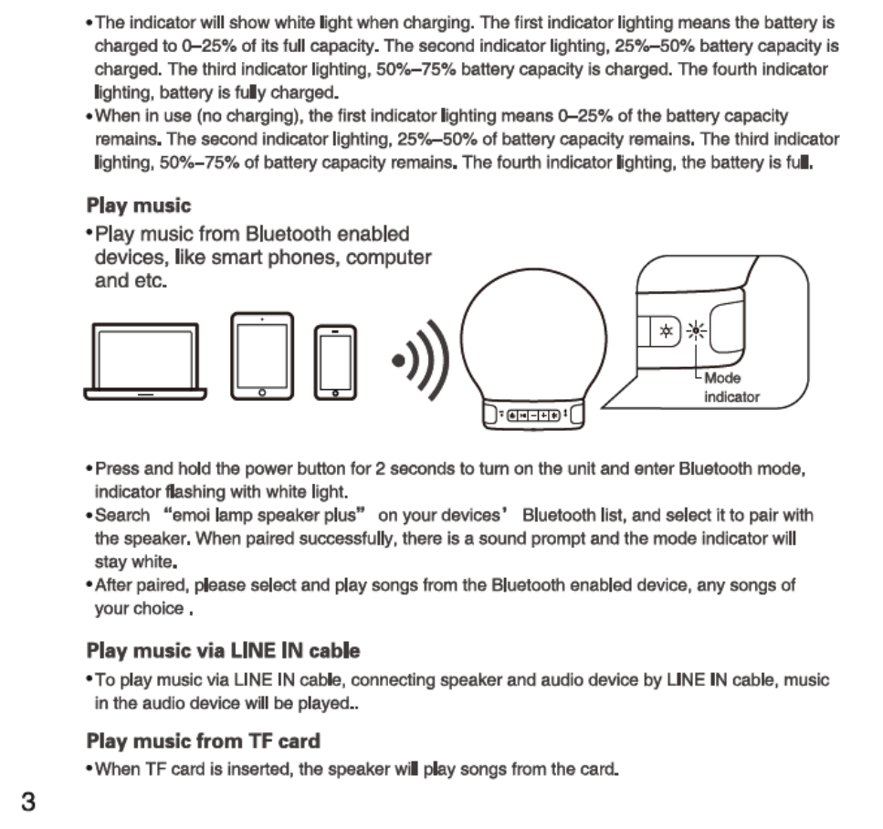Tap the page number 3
tap(29, 803)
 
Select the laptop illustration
tap(146, 362)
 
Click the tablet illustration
tap(262, 356)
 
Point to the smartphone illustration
tap(335, 362)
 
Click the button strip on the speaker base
tap(533, 415)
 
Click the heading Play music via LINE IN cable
tap(223, 651)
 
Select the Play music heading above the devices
tap(139, 205)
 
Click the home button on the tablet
tap(262, 393)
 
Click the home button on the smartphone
tap(335, 394)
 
